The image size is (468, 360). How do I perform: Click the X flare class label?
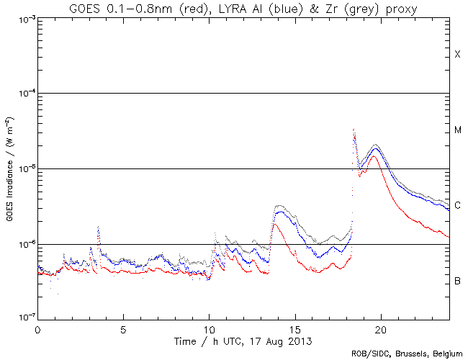tap(457, 55)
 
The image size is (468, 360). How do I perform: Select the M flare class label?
tap(458, 130)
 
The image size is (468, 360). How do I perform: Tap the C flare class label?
tap(458, 205)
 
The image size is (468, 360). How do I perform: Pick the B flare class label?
tap(458, 280)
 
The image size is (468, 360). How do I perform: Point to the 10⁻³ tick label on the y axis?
tap(24, 19)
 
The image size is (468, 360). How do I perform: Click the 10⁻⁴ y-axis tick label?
tap(24, 94)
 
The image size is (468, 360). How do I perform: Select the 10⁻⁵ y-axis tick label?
tap(24, 168)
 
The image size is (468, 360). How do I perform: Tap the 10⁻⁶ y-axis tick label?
tap(24, 244)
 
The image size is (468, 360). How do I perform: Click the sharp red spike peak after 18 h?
tap(354, 130)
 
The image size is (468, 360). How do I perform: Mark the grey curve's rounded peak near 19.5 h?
tap(374, 145)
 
